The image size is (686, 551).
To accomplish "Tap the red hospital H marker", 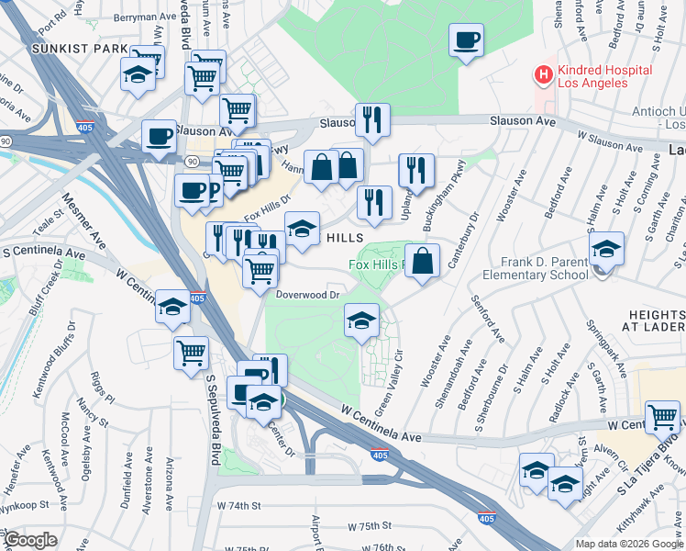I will click(x=544, y=74).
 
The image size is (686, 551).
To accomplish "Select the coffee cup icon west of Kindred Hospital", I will click(x=466, y=40).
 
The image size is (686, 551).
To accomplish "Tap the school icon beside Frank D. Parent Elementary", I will click(x=606, y=249).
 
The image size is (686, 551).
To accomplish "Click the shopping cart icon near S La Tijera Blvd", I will click(x=662, y=417).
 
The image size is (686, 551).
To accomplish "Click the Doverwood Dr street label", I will click(x=310, y=295).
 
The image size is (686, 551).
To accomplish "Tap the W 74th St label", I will click(x=239, y=505).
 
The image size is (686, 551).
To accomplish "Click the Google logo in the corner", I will click(x=29, y=541).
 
